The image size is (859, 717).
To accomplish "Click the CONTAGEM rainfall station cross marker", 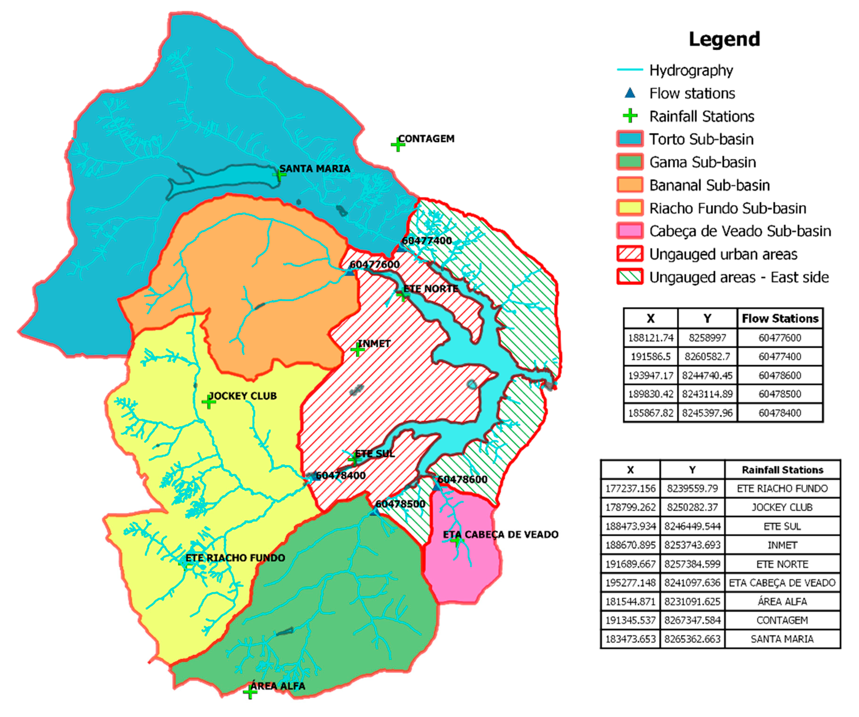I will point(397,145).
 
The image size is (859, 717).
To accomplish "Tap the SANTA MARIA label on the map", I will point(315,169).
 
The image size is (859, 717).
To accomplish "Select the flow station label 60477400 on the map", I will point(427,241).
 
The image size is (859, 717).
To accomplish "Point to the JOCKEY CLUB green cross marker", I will point(209,403).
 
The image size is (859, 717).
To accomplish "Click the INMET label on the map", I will point(374,344).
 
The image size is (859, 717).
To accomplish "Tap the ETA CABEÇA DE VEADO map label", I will point(500,534).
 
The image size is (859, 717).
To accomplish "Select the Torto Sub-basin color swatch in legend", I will point(630,139).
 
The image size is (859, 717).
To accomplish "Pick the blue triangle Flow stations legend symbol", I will point(630,93).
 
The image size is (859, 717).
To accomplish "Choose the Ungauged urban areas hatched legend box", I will point(630,254).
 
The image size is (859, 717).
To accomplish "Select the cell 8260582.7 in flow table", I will point(707,357).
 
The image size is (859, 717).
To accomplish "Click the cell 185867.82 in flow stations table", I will point(650,413).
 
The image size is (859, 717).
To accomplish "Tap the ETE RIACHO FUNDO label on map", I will point(235,558).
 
